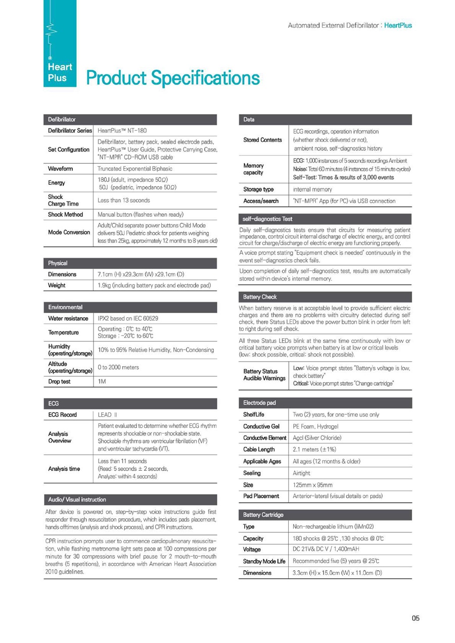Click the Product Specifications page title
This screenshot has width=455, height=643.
(x=173, y=78)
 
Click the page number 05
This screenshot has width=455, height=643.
(x=415, y=618)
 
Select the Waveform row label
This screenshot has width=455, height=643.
(x=60, y=168)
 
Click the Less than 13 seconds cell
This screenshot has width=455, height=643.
(x=123, y=201)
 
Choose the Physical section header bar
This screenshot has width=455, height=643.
(x=130, y=263)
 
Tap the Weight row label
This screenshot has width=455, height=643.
(x=57, y=285)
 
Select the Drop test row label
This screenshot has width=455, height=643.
(x=59, y=381)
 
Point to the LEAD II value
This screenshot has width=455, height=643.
(x=107, y=415)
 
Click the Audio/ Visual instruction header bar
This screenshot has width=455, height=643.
(x=130, y=500)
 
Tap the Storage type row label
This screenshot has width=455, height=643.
(x=258, y=189)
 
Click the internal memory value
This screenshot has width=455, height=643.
(x=312, y=189)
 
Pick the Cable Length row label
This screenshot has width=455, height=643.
(x=259, y=449)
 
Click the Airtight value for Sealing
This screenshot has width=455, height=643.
(x=302, y=473)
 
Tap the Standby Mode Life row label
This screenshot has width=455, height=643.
(x=264, y=561)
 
